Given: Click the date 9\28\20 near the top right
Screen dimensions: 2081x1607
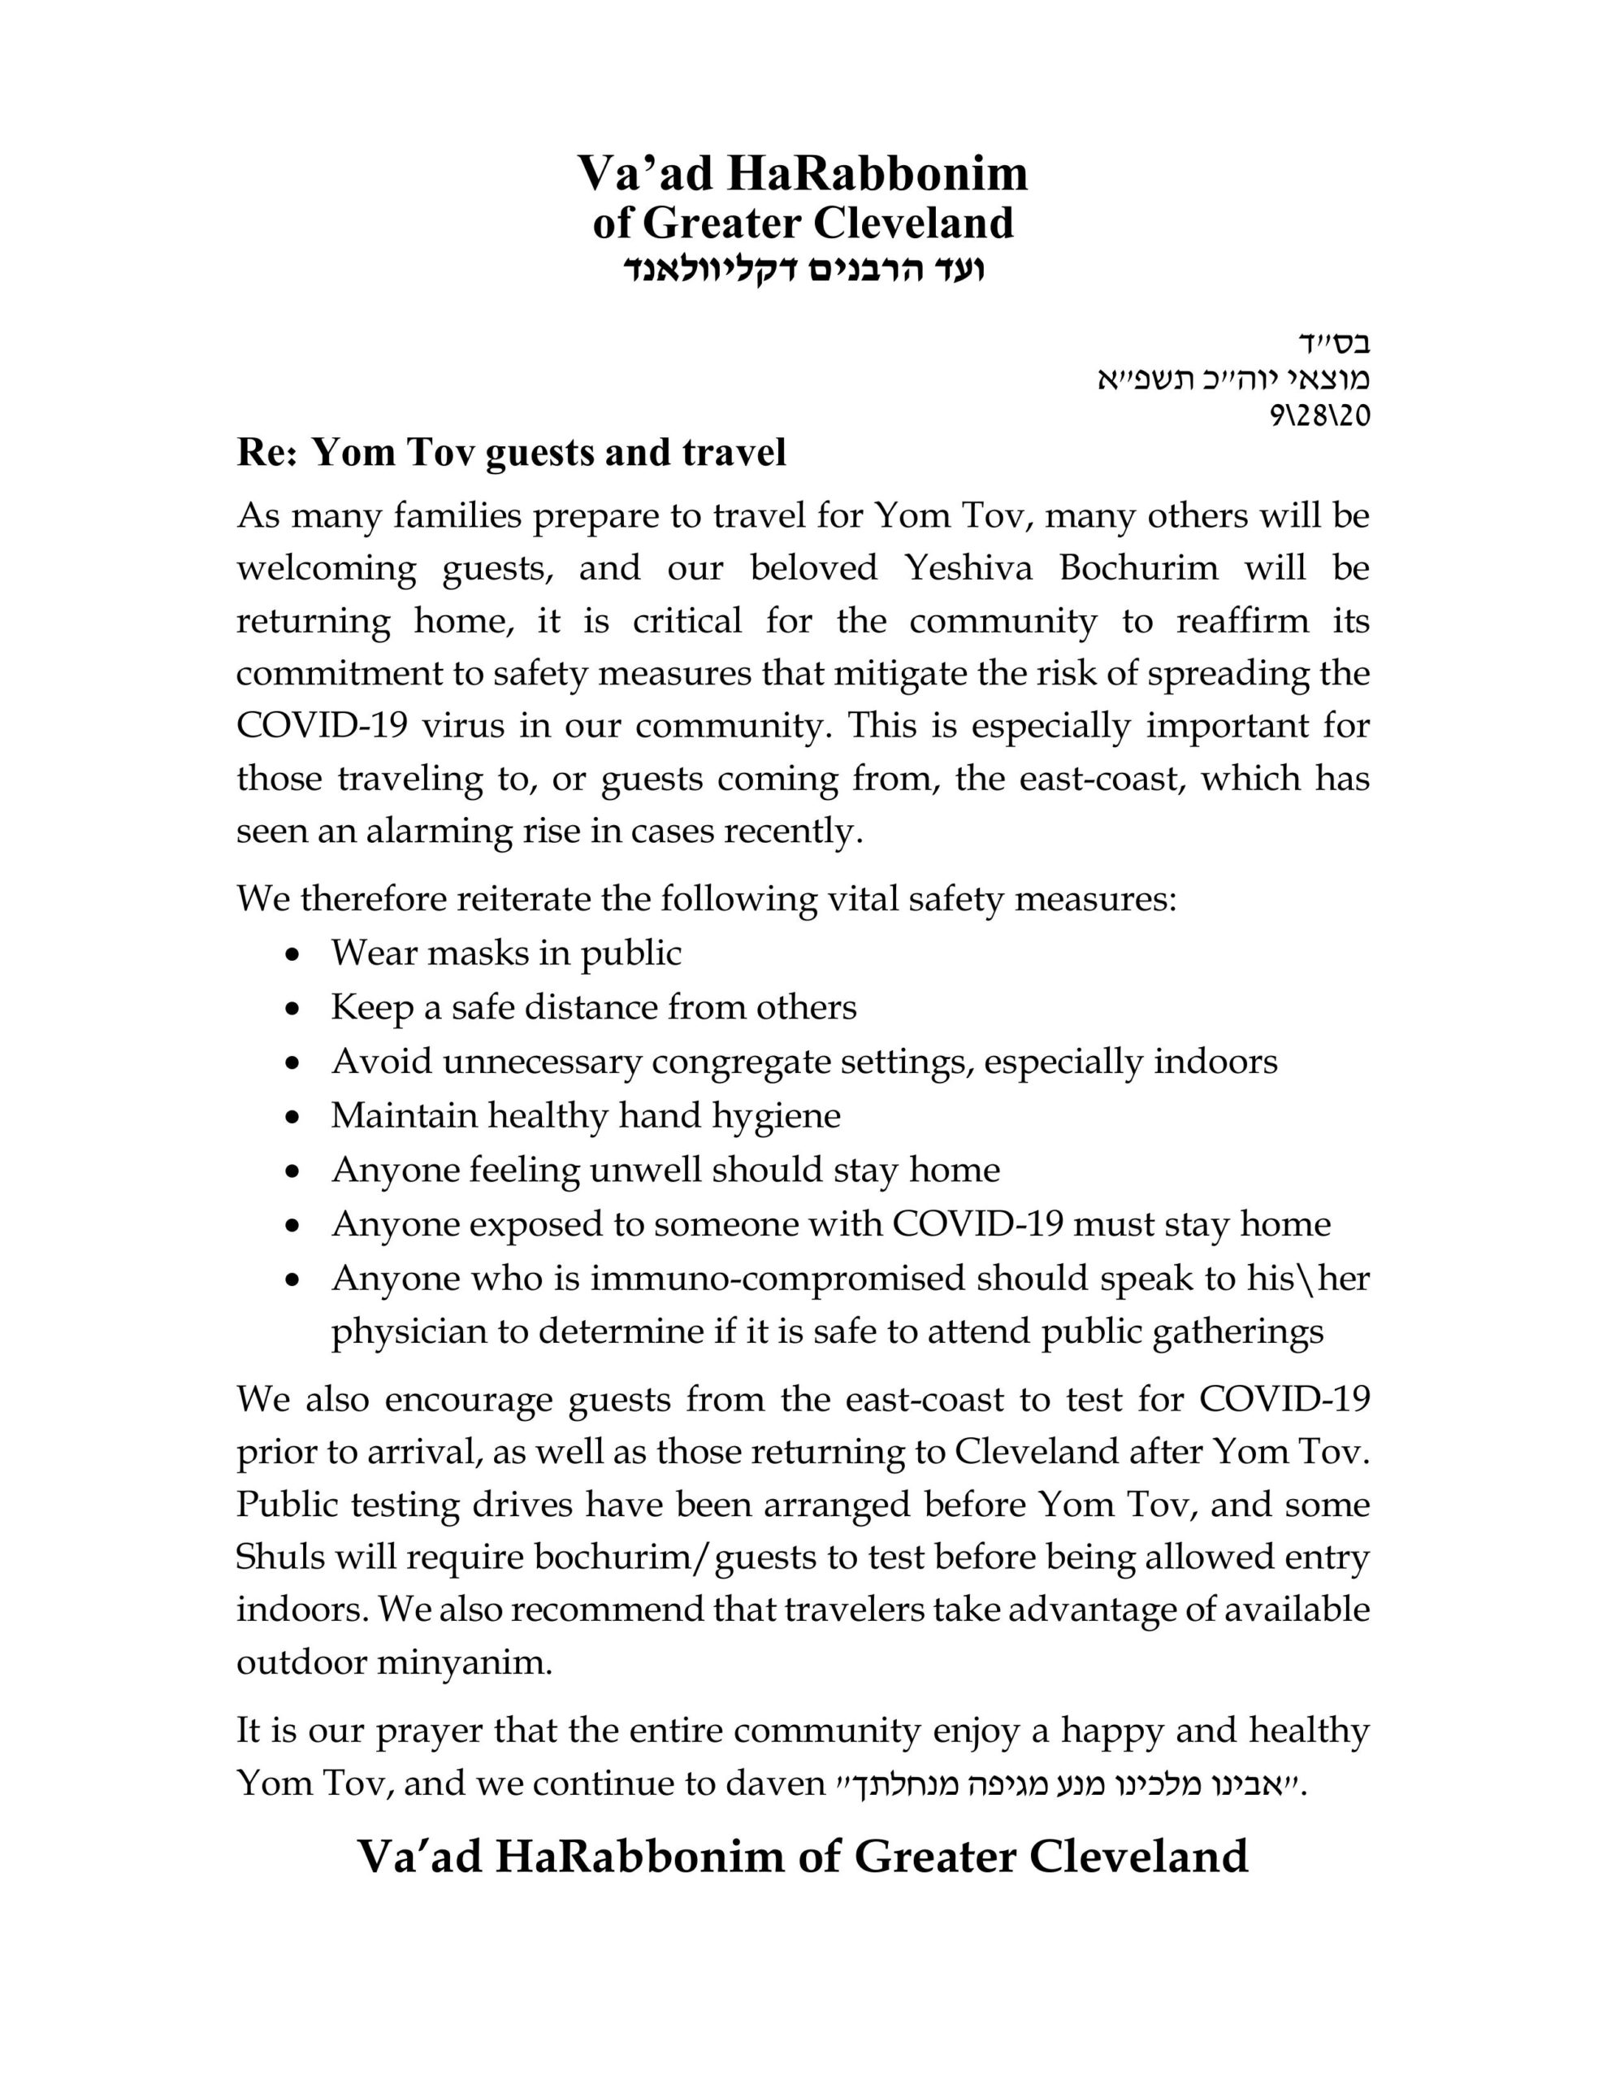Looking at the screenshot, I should click(x=1319, y=415).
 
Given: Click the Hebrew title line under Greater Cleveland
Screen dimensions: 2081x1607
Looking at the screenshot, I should click(x=803, y=269).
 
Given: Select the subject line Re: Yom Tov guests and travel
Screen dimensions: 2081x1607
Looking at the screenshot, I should click(x=512, y=453).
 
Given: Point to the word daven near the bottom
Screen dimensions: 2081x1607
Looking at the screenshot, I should click(x=774, y=1783).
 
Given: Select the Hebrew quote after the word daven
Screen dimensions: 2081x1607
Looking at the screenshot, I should click(x=1067, y=1783).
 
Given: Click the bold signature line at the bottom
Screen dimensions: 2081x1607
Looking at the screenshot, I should click(x=802, y=1856).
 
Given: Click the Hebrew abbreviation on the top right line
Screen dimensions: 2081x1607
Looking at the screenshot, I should click(x=1333, y=343).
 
